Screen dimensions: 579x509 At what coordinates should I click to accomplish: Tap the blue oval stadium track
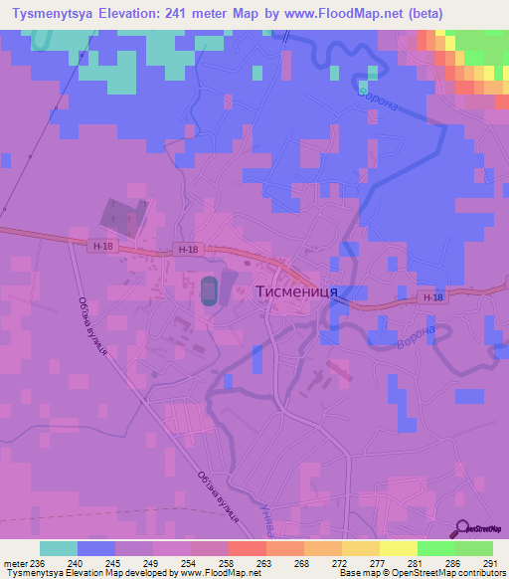[x=208, y=290]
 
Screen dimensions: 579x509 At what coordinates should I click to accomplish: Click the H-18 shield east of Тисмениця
[x=430, y=297]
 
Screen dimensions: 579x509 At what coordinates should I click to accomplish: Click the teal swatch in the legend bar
[x=59, y=548]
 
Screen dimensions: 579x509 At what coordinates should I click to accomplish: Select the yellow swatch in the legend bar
[x=399, y=548]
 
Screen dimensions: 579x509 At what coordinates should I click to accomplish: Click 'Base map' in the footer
[x=359, y=574]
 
